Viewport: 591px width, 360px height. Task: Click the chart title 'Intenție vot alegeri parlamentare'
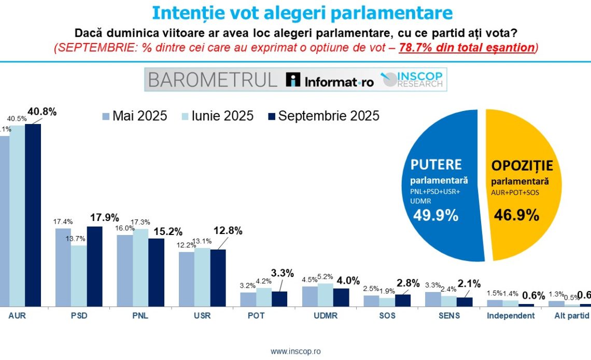point(302,13)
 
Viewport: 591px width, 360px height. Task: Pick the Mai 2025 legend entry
point(135,116)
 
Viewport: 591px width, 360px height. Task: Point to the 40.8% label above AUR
point(41,112)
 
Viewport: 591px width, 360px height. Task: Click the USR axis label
point(203,316)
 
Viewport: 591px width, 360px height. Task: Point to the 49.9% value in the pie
point(435,215)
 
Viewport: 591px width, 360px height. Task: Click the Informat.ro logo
point(330,80)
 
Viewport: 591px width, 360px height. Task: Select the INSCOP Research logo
point(413,79)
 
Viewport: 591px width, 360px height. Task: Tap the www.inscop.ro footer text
point(295,351)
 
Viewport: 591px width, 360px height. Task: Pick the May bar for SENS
point(433,299)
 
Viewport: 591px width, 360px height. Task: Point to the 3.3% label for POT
point(283,273)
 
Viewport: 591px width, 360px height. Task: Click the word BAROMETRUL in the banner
point(213,80)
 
